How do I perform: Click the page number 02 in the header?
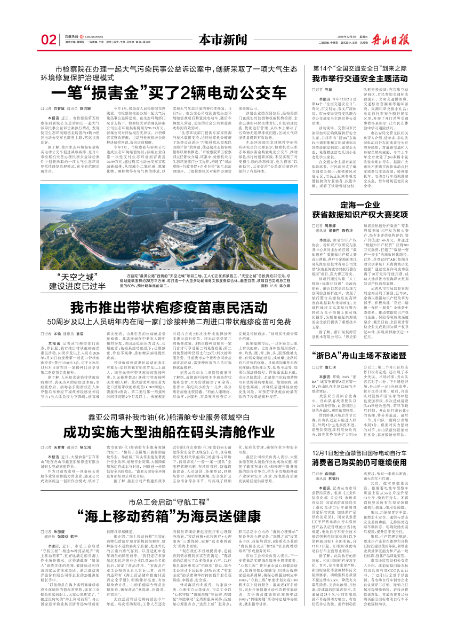tap(49, 40)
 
